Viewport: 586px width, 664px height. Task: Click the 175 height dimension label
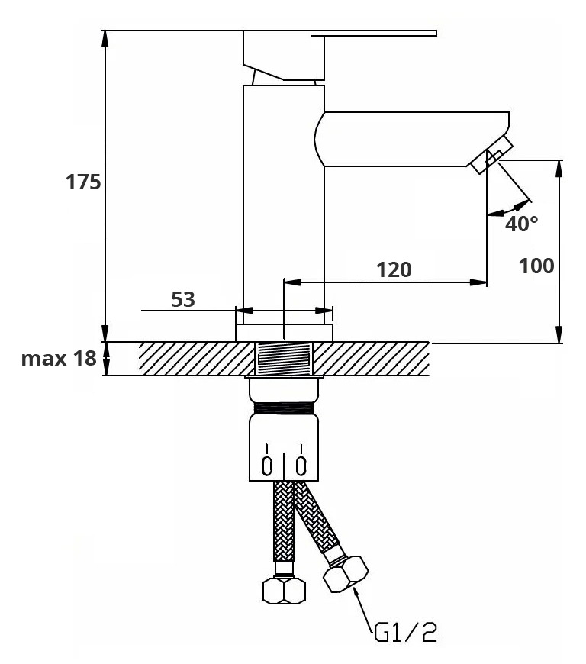[x=83, y=183]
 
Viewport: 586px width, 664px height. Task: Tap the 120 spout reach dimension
[x=394, y=269]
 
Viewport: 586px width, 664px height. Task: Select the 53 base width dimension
[x=183, y=299]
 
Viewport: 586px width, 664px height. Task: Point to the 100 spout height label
[x=536, y=266]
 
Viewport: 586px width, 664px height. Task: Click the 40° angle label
[x=522, y=224]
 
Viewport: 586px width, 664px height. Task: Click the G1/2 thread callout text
[x=406, y=632]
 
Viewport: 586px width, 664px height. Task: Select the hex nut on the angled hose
[x=346, y=574]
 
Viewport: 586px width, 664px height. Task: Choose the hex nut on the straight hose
[x=284, y=590]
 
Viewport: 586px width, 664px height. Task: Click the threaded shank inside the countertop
[x=284, y=359]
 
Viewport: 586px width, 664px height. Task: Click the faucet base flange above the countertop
[x=284, y=333]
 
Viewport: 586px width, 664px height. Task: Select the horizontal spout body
[x=412, y=139]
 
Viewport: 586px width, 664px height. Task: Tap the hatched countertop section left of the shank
[x=195, y=359]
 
